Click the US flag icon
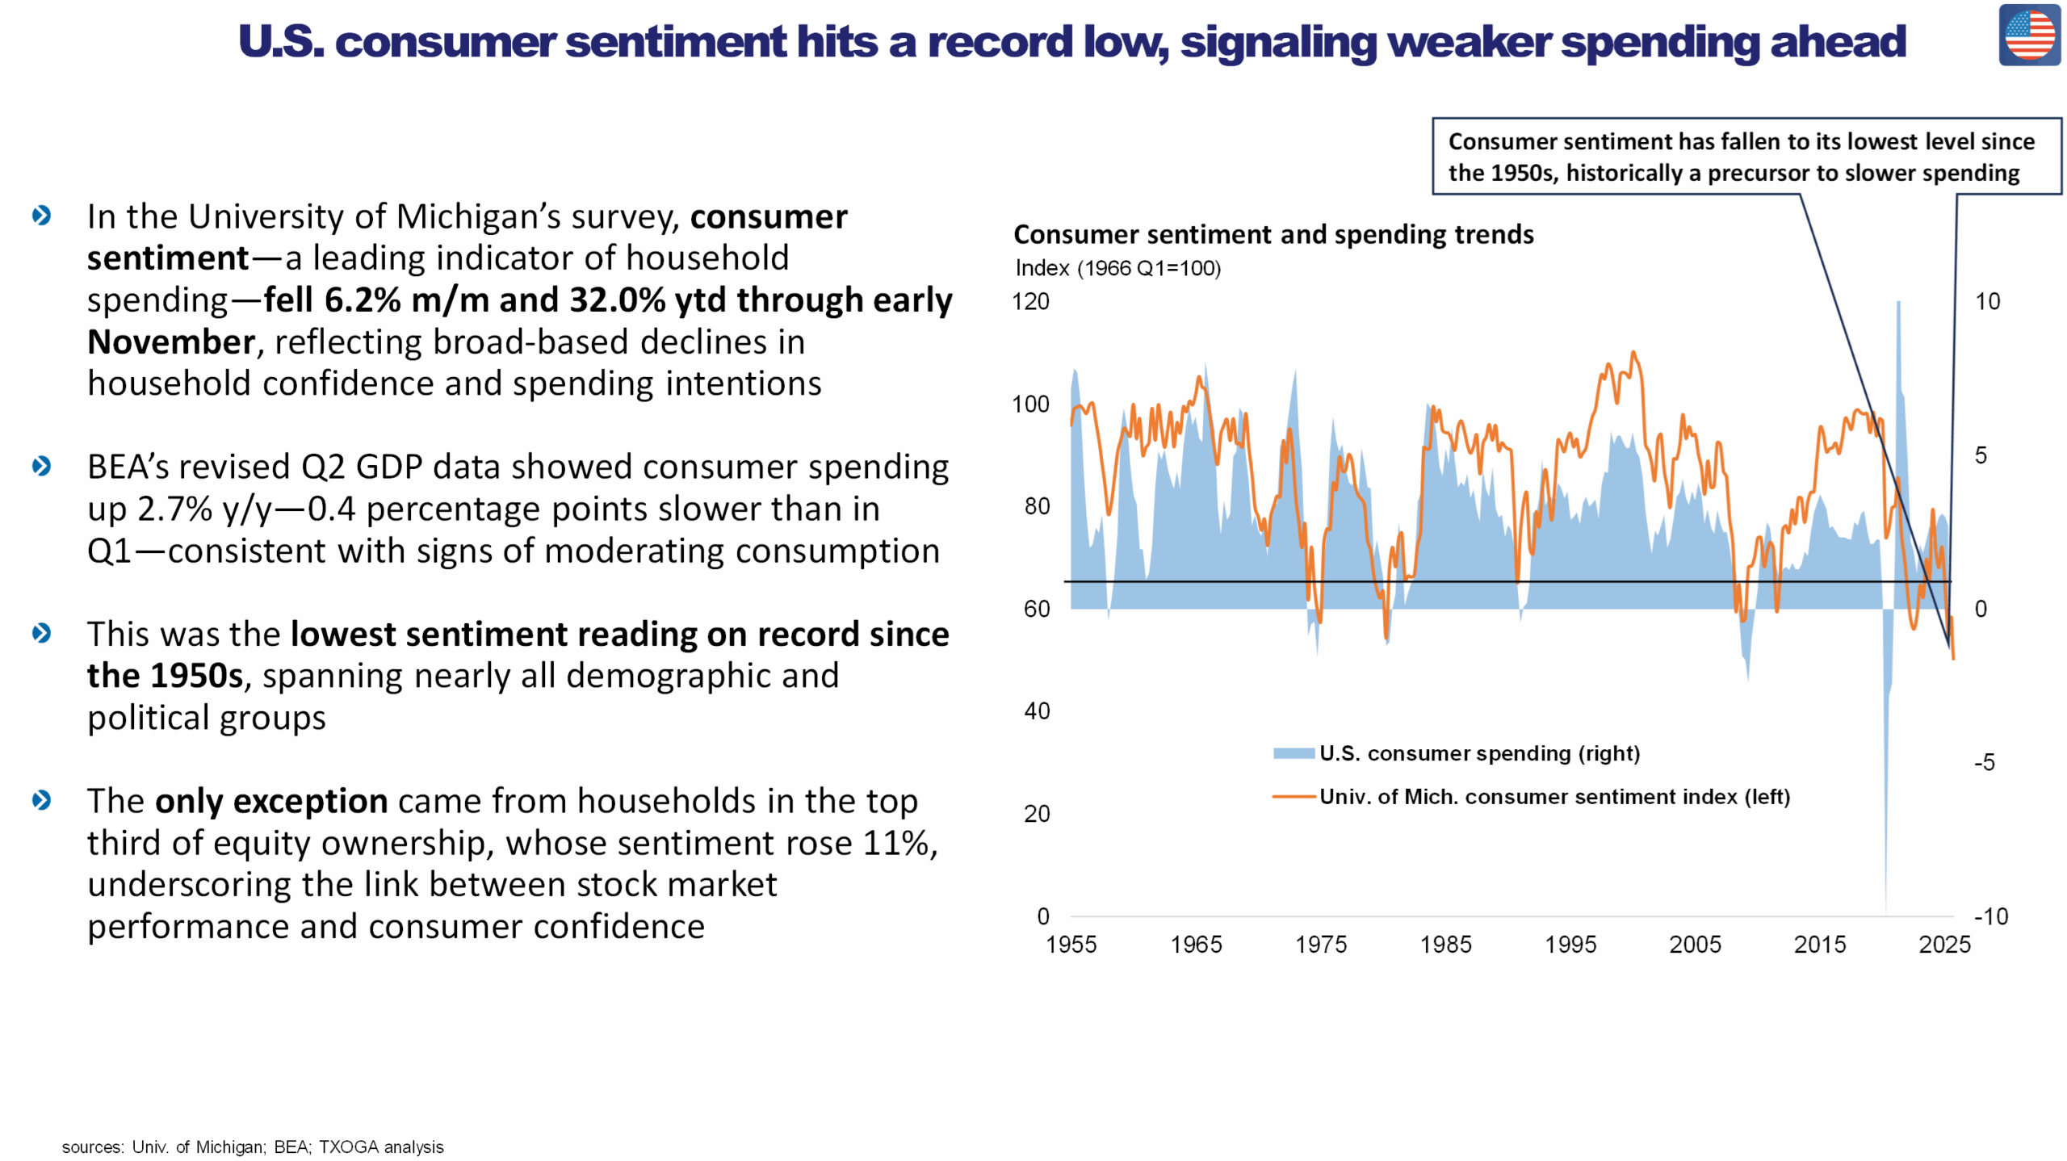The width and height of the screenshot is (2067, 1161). tap(2028, 35)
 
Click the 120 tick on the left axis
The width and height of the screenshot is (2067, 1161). tap(1030, 301)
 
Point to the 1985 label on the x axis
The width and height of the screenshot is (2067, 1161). tap(1445, 944)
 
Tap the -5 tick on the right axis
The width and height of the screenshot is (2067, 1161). tap(1984, 762)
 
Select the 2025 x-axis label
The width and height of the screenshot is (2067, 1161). tap(1944, 944)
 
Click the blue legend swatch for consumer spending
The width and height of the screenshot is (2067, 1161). tap(1293, 753)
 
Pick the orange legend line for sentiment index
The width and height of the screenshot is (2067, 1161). tap(1293, 797)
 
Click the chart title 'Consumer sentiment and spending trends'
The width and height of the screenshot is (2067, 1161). tap(1273, 234)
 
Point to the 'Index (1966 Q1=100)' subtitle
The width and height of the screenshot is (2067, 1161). tap(1117, 268)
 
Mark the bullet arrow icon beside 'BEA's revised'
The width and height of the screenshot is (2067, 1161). tap(42, 466)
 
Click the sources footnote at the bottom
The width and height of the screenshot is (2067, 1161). tap(253, 1146)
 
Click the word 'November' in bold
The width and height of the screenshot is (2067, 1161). tap(171, 342)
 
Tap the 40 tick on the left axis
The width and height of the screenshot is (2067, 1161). tap(1037, 710)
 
